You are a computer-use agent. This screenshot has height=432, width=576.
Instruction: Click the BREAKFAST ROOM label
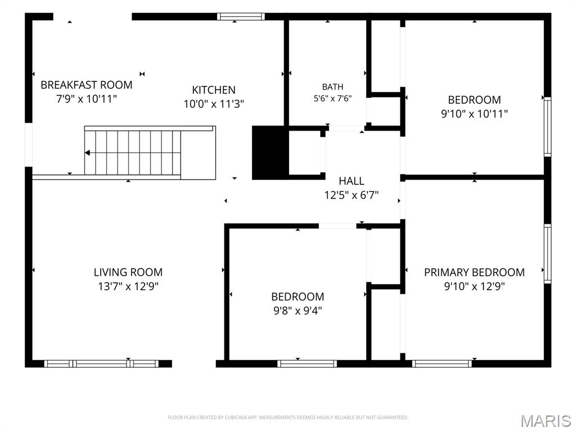(86, 85)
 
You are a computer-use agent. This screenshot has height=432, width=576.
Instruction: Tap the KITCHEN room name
(214, 90)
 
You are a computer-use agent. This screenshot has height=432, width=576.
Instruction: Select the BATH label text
(333, 87)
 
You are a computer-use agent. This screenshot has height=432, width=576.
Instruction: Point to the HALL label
(352, 181)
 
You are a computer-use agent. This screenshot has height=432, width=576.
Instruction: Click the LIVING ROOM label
(128, 272)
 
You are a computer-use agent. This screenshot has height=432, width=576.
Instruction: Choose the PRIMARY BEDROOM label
(474, 272)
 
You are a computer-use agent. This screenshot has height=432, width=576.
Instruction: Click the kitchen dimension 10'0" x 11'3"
(214, 104)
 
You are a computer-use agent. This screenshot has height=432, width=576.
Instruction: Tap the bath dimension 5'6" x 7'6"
(333, 98)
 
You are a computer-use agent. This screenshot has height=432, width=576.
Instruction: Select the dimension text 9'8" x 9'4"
(298, 310)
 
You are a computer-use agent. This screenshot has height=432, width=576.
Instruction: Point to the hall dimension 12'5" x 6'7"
(352, 195)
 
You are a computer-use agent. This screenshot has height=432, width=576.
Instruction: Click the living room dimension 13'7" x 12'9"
(128, 286)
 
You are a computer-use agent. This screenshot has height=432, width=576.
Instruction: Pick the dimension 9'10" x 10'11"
(474, 114)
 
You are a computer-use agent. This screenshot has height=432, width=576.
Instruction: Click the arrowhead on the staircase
(87, 153)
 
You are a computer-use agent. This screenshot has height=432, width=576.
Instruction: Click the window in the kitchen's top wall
(241, 16)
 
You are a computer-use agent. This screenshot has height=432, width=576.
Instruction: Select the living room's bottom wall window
(101, 364)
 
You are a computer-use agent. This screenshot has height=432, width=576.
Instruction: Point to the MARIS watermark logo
(546, 421)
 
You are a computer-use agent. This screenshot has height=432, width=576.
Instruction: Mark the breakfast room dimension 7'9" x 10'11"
(86, 99)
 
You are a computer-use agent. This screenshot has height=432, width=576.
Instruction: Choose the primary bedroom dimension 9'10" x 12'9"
(474, 286)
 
